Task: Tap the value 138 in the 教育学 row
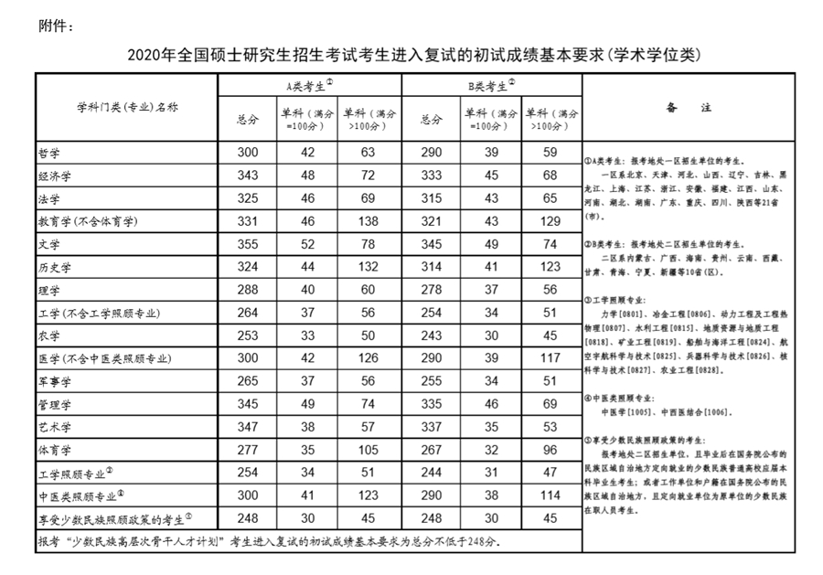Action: pos(369,220)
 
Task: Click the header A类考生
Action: pos(308,86)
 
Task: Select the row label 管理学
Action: pos(55,404)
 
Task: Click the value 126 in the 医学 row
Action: pos(369,358)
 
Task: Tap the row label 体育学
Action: pos(55,450)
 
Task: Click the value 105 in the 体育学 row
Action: pos(369,450)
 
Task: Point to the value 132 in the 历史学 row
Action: pos(369,267)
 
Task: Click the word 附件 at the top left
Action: pos(55,25)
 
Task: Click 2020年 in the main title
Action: pos(151,54)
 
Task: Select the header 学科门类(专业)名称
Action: pos(126,107)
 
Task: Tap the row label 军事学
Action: pos(55,381)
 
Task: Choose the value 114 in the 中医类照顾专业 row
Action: pos(550,496)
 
